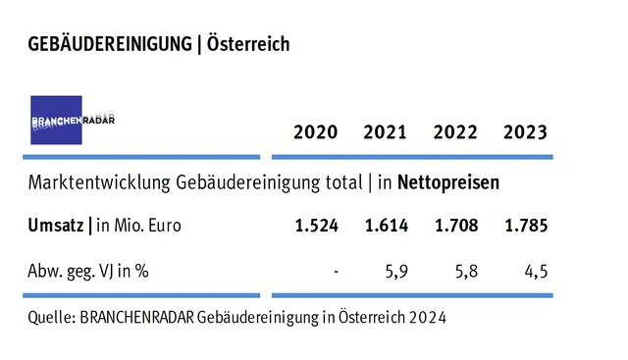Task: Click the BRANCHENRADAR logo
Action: (56, 120)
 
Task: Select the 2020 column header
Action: (316, 132)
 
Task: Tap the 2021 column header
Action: (386, 132)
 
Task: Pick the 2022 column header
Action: (455, 132)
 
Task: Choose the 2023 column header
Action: (525, 132)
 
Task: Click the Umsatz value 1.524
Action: (316, 226)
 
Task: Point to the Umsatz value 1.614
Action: (386, 226)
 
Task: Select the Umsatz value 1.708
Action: (455, 226)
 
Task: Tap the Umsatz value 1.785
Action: (525, 226)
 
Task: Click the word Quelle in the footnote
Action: (51, 319)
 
